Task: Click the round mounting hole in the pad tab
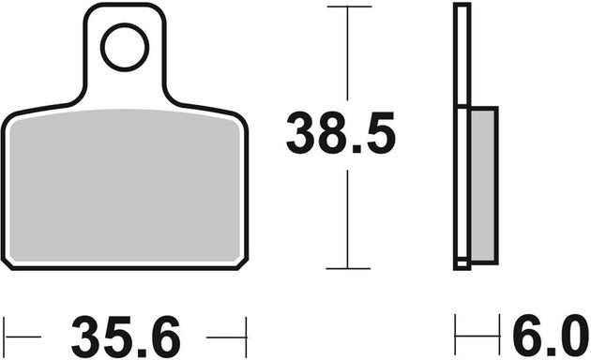point(124,48)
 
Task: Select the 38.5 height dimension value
point(341,136)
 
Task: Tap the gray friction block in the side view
point(482,184)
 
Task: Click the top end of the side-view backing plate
point(461,7)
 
